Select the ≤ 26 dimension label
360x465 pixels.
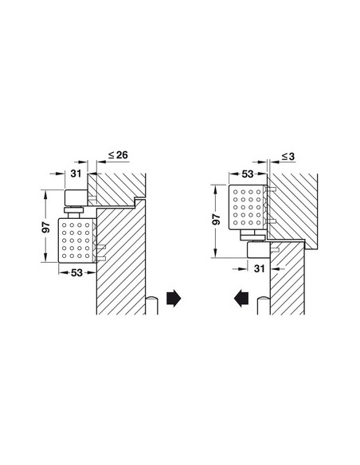(x=116, y=155)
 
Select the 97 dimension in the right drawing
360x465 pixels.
(x=216, y=219)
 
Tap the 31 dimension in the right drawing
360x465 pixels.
(x=258, y=270)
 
